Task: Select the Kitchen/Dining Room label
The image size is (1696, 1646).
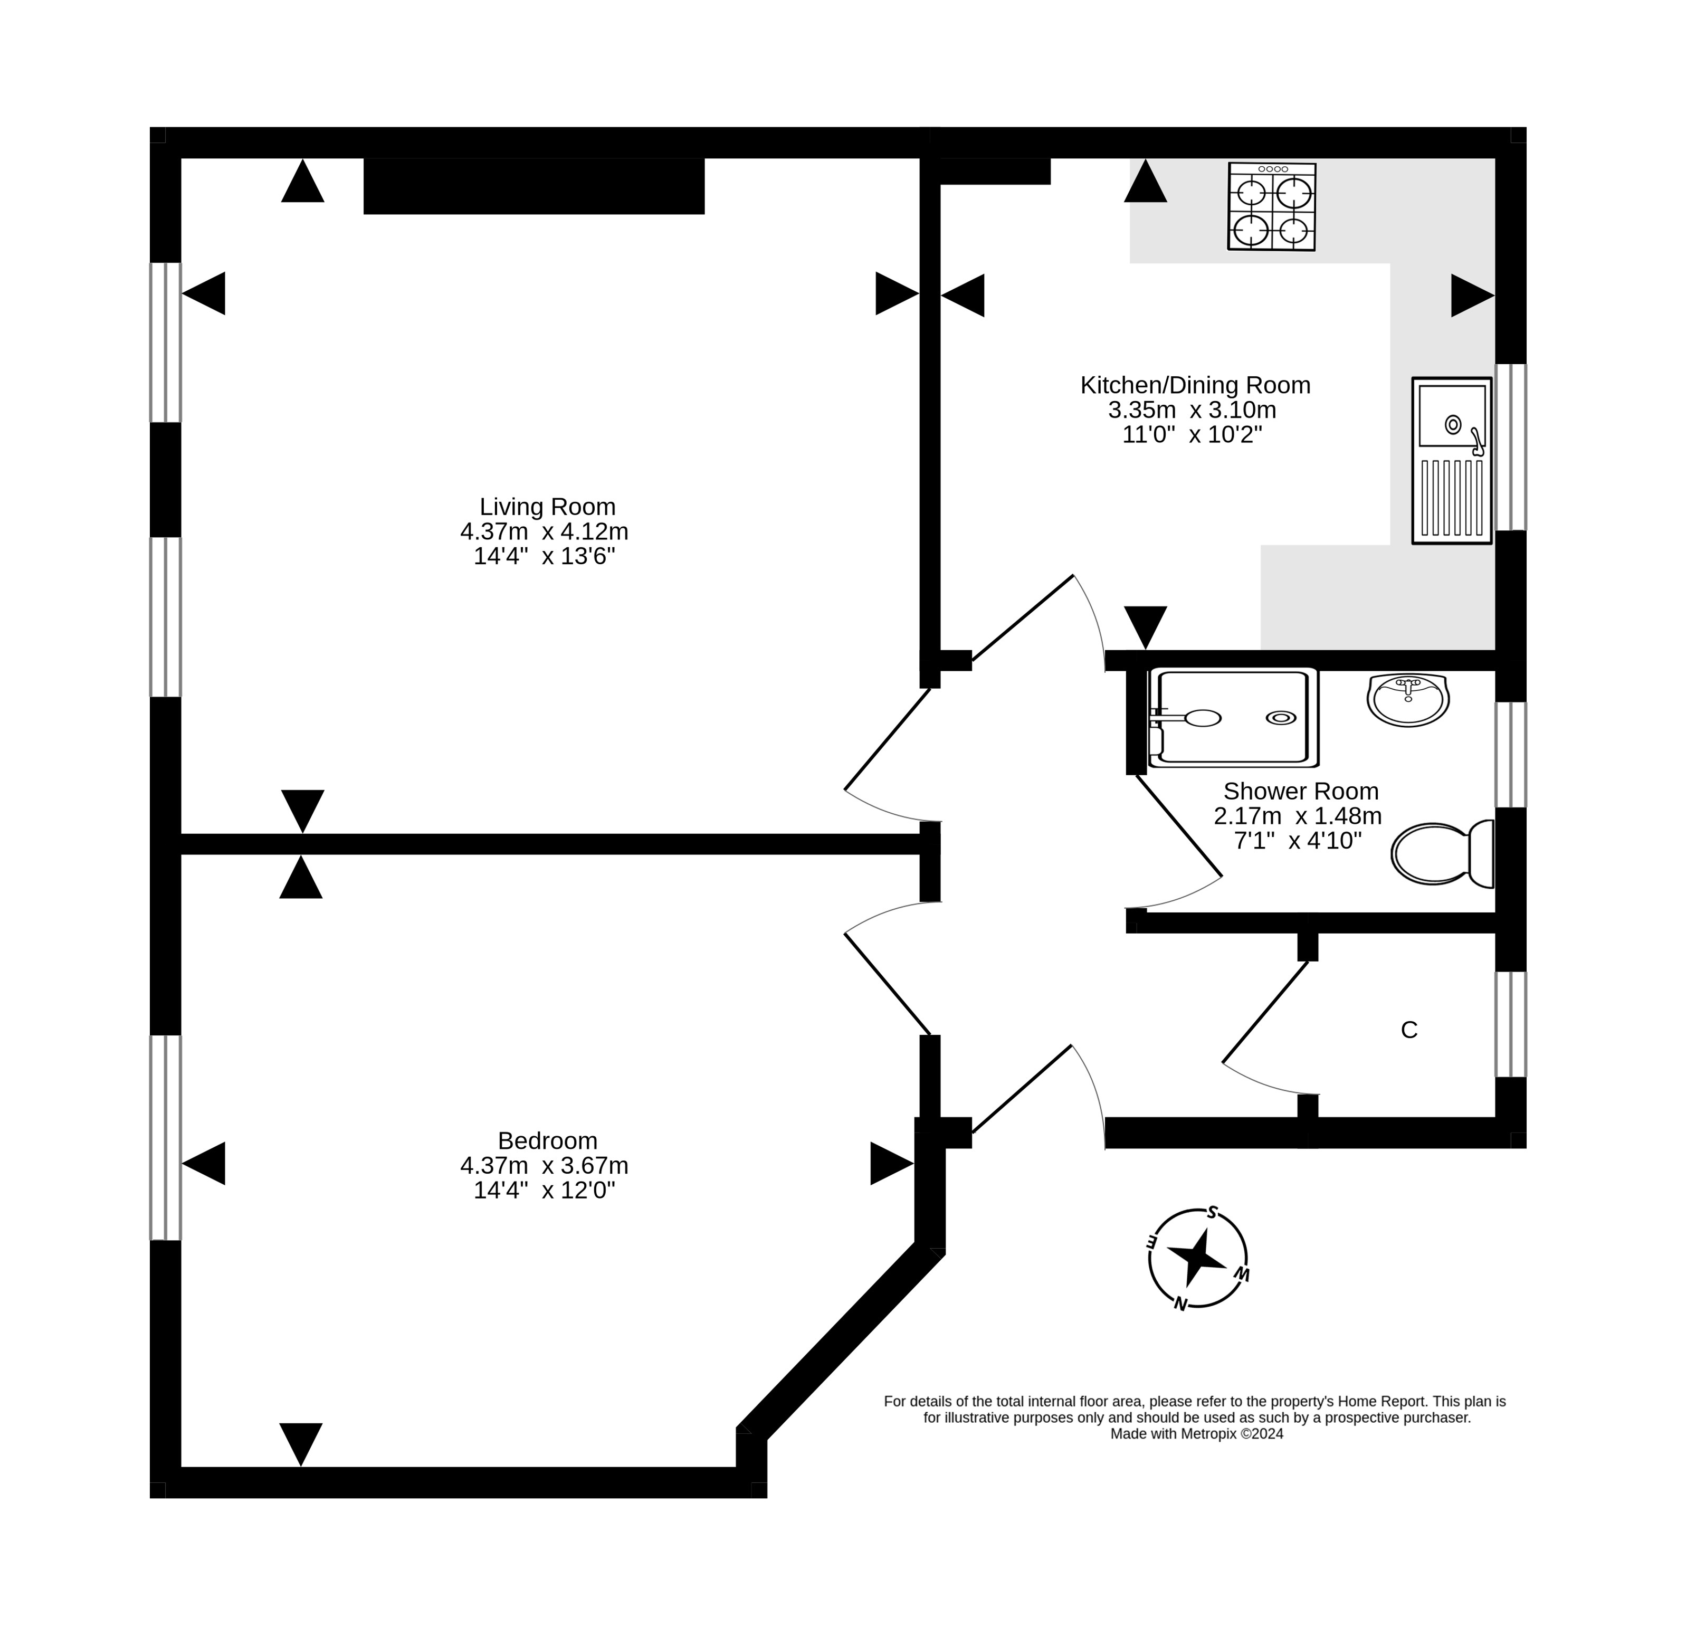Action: click(x=1195, y=385)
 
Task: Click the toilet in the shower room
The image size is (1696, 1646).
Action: click(x=1443, y=854)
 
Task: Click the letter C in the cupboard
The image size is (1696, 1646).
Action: click(x=1409, y=1030)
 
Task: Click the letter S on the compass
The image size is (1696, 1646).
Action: click(x=1213, y=1212)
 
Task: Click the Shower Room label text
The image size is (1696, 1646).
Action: click(x=1301, y=791)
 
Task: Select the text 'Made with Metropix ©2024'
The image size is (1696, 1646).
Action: click(x=1196, y=1434)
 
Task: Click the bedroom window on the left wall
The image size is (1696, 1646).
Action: click(x=165, y=1137)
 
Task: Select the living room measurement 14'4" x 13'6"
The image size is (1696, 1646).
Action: click(x=544, y=556)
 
